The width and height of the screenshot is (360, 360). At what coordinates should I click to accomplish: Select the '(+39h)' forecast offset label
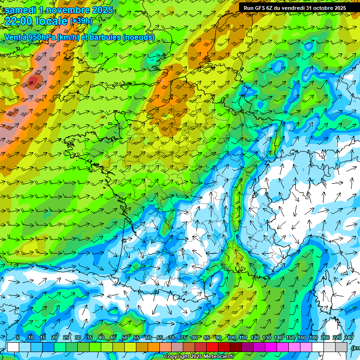81,21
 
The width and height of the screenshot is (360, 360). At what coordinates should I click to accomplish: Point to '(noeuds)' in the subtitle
139,37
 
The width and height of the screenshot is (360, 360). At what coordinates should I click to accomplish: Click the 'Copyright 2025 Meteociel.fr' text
199,357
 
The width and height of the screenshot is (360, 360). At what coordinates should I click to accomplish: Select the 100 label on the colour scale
232,338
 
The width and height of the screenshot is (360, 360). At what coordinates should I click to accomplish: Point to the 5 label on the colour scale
17,338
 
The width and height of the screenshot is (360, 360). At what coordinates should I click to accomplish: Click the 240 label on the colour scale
349,338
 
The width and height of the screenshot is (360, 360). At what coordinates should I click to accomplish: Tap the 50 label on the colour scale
125,338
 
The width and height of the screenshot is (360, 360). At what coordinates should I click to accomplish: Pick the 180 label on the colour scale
313,338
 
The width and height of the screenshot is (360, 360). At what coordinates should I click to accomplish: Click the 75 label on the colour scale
183,338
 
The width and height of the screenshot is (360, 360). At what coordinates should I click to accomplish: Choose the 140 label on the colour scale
278,338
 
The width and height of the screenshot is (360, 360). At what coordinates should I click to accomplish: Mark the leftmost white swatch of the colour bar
13,347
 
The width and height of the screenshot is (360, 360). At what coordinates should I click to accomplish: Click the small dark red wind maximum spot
32,82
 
